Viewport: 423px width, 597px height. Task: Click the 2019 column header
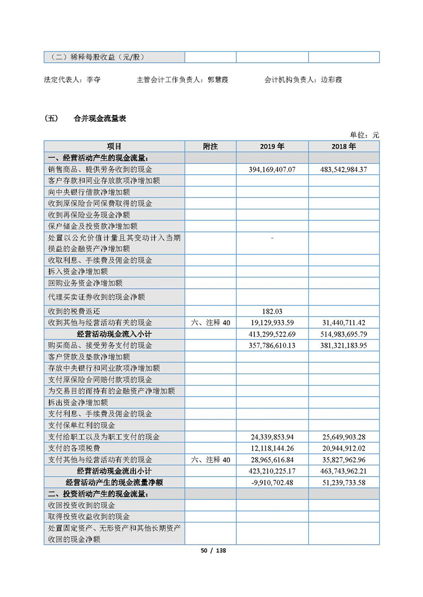272,146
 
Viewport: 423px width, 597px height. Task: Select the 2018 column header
344,146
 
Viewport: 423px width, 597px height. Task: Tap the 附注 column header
210,146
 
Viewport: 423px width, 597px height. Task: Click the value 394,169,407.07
272,170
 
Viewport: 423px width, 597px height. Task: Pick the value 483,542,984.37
344,170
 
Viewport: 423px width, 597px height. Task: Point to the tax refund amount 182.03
272,311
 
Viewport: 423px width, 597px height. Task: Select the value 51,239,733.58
344,482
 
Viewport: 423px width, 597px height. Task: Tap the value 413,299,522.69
272,334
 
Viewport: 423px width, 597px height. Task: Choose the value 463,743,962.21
344,471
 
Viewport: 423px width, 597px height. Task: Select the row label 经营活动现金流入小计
114,334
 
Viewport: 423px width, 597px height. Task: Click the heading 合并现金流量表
100,119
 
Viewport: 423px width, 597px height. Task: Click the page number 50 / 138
213,551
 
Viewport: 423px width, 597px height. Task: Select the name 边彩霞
331,80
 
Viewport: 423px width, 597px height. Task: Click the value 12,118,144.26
272,448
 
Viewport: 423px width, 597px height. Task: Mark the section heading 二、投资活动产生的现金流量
98,494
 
